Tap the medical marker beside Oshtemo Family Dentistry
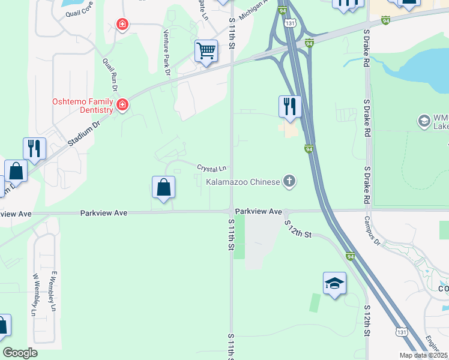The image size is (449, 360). [122, 106]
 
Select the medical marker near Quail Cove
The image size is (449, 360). [122, 25]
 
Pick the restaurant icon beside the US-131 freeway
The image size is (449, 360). [289, 107]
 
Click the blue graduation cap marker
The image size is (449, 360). [334, 283]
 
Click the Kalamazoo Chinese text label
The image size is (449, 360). [243, 181]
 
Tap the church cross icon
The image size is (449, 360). [289, 181]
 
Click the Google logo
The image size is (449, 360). [20, 353]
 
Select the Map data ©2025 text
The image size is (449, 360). [423, 355]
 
